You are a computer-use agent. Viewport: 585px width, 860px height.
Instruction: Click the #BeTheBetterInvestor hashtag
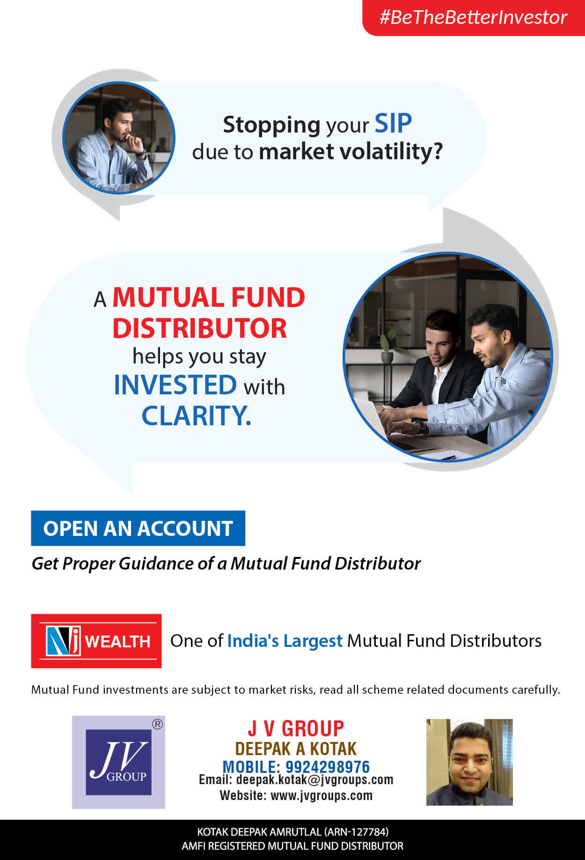[x=473, y=17]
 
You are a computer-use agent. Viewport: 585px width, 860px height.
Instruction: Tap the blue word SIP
[x=393, y=124]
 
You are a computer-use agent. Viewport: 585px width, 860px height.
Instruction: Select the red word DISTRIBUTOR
[x=199, y=328]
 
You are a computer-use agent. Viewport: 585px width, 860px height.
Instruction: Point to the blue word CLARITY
[x=196, y=415]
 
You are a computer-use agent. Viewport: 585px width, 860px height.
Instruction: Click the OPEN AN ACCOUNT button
[x=138, y=528]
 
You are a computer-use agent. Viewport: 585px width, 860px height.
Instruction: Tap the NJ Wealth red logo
[x=96, y=641]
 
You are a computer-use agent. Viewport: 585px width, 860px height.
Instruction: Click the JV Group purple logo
[x=118, y=762]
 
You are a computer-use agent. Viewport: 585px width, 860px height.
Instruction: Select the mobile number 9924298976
[x=328, y=767]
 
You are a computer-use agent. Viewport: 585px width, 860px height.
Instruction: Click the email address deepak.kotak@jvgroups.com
[x=314, y=780]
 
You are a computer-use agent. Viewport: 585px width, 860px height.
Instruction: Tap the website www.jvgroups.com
[x=322, y=795]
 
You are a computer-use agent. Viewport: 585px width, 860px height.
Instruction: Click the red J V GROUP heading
[x=296, y=729]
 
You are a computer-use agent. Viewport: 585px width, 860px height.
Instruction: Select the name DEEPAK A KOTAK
[x=296, y=749]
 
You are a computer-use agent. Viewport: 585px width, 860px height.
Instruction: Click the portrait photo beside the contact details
[x=469, y=762]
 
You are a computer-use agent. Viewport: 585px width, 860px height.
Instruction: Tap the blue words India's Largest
[x=285, y=641]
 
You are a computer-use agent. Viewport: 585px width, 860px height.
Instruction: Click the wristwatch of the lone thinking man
[x=142, y=153]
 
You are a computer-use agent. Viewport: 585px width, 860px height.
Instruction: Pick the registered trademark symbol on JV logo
[x=158, y=724]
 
